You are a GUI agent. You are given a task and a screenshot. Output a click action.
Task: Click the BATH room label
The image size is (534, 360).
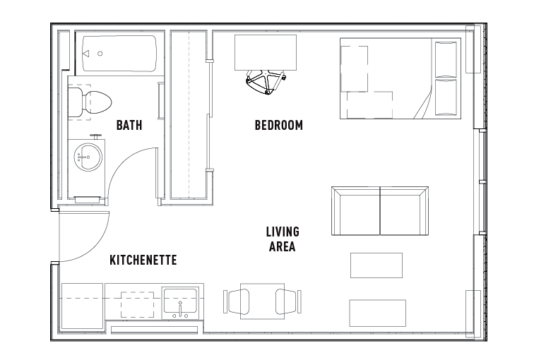tap(129, 126)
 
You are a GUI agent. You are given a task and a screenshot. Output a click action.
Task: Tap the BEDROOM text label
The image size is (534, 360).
tap(278, 126)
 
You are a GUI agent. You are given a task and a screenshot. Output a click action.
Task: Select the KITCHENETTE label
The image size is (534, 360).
tap(143, 260)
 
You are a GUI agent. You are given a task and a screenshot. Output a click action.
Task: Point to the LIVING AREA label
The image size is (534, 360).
tap(282, 239)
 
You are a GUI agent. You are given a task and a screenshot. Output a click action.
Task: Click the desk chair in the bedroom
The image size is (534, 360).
tap(265, 81)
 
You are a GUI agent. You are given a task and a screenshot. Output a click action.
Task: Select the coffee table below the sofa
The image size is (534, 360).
tap(376, 265)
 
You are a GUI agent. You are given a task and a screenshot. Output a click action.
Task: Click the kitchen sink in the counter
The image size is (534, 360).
tap(181, 302)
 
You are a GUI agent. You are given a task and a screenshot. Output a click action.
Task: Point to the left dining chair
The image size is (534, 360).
tap(236, 301)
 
